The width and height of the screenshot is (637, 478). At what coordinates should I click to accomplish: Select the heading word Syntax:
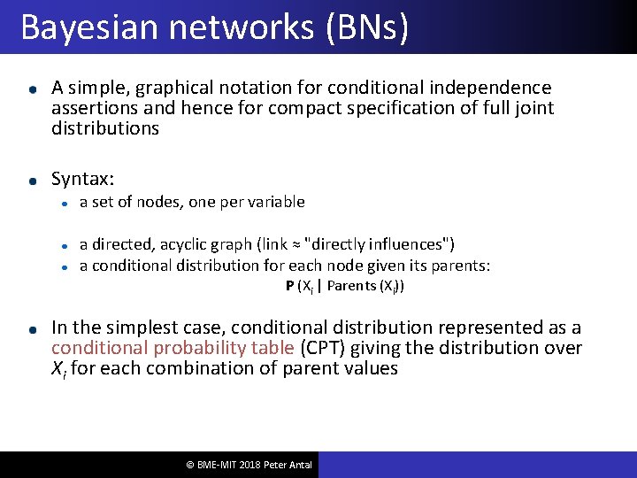click(x=83, y=179)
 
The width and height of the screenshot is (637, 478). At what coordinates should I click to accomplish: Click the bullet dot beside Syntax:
click(x=32, y=180)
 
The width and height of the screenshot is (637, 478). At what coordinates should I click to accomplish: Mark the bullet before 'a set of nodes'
click(x=65, y=203)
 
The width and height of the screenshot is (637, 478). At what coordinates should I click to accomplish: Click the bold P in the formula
click(x=290, y=286)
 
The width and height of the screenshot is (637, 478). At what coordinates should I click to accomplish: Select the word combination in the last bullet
click(x=178, y=368)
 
